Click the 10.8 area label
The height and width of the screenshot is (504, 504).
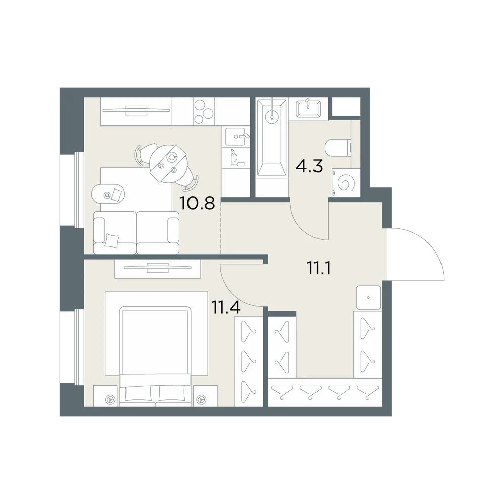pos(197,203)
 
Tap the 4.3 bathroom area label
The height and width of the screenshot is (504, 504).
pos(309,166)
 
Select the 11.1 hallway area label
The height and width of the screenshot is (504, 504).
pos(319,268)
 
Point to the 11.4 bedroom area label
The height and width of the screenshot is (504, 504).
pos(226,307)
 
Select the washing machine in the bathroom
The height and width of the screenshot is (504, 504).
pos(346,182)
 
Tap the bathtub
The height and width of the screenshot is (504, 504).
pos(271,138)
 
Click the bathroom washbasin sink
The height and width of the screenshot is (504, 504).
pos(308,109)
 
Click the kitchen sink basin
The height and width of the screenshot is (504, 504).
pos(235,136)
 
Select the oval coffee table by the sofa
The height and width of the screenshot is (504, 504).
pos(108,195)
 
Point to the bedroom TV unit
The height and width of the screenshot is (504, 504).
pos(158,268)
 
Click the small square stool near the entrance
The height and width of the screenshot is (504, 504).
pos(368,298)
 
